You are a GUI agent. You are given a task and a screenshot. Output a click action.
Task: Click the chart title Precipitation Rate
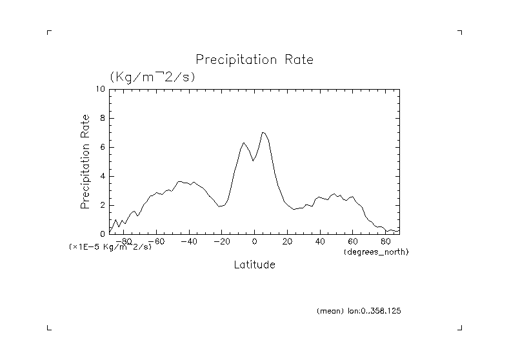tap(254, 60)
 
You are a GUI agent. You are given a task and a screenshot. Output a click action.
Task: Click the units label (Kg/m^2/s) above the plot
tap(152, 76)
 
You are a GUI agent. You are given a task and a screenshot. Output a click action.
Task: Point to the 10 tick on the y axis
tap(100, 89)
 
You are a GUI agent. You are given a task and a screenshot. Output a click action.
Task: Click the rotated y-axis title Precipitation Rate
tap(85, 161)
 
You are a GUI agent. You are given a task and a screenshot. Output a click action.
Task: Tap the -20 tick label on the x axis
tap(221, 242)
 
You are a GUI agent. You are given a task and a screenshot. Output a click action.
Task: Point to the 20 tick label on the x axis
tap(287, 242)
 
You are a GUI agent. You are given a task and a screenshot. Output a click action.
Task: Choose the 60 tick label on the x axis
tap(353, 242)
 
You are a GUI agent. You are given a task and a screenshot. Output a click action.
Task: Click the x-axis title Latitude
tap(254, 265)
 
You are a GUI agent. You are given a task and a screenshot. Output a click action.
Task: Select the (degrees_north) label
tap(376, 251)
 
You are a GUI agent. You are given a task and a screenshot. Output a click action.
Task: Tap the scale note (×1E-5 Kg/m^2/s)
tap(110, 247)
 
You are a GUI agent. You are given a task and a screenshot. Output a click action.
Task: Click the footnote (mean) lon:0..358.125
tap(359, 311)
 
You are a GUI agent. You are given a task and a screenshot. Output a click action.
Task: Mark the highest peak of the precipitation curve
tap(263, 132)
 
